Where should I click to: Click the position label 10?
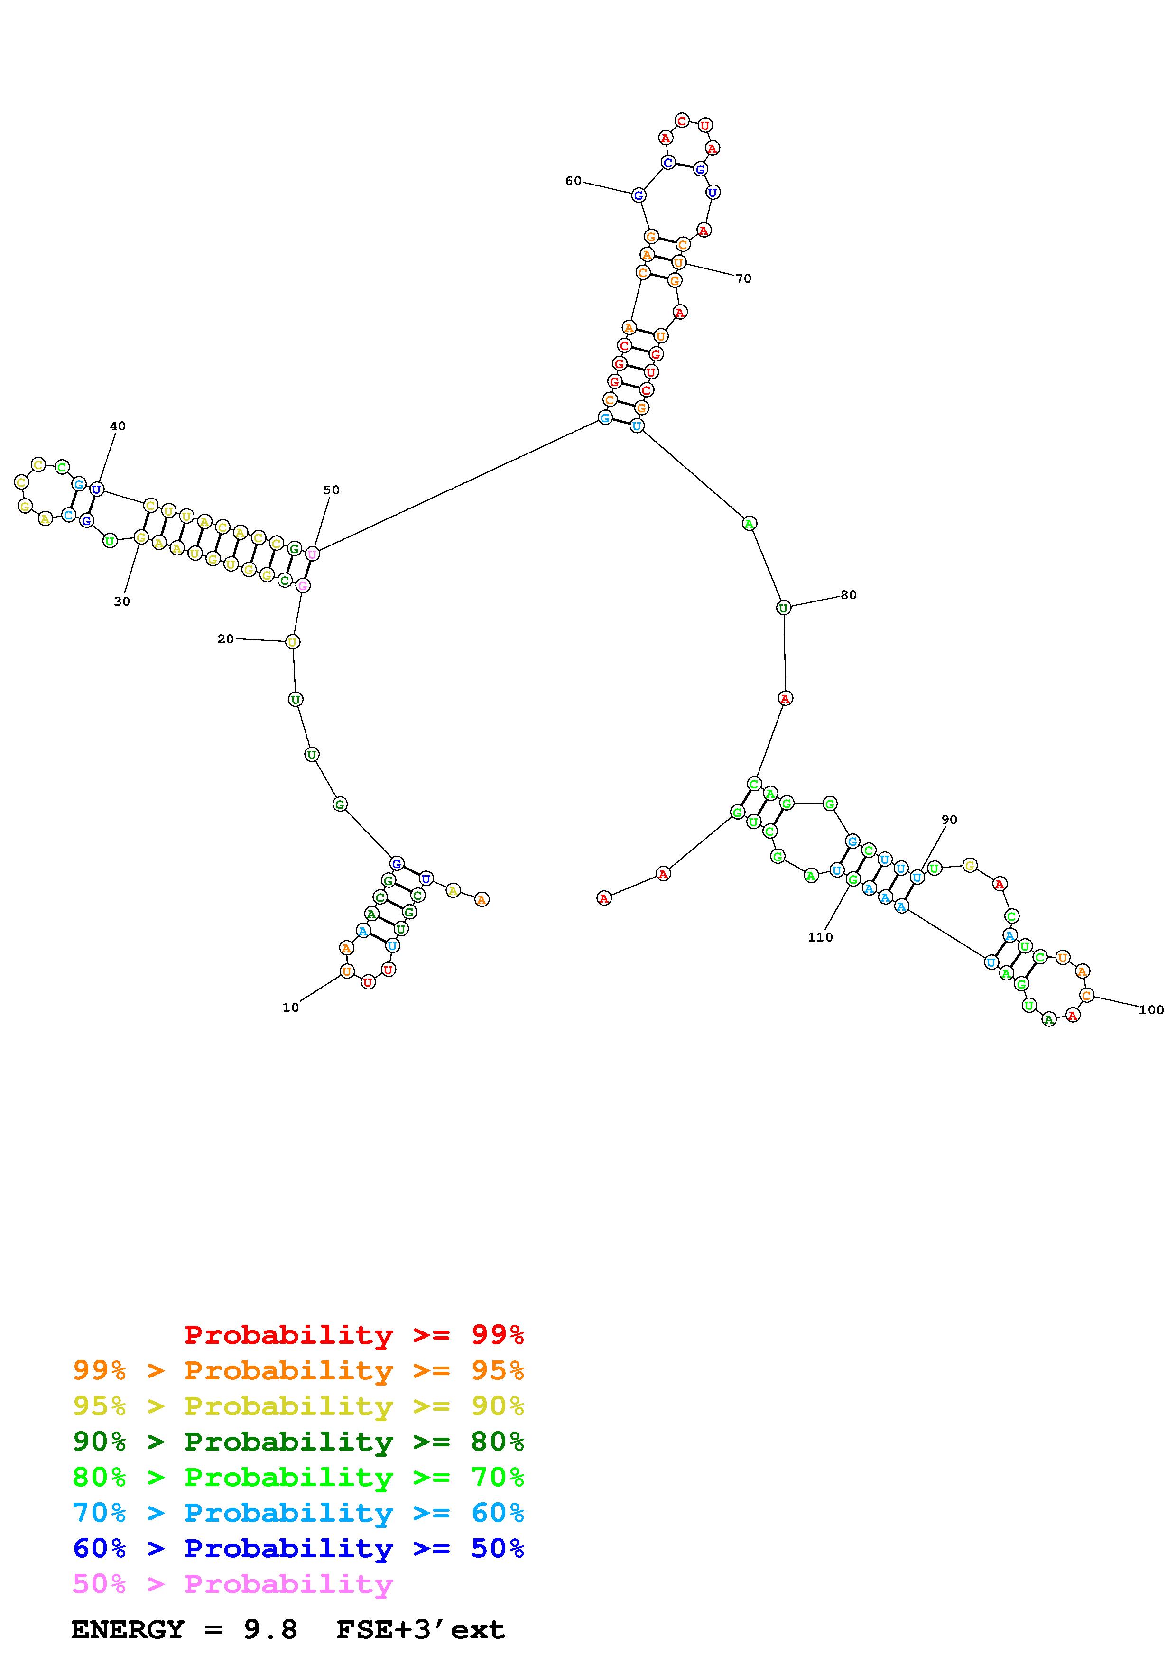[290, 1008]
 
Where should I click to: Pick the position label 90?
[949, 820]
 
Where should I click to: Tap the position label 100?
[1151, 1009]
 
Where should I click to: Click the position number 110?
[820, 937]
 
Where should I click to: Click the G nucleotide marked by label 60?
[639, 195]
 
